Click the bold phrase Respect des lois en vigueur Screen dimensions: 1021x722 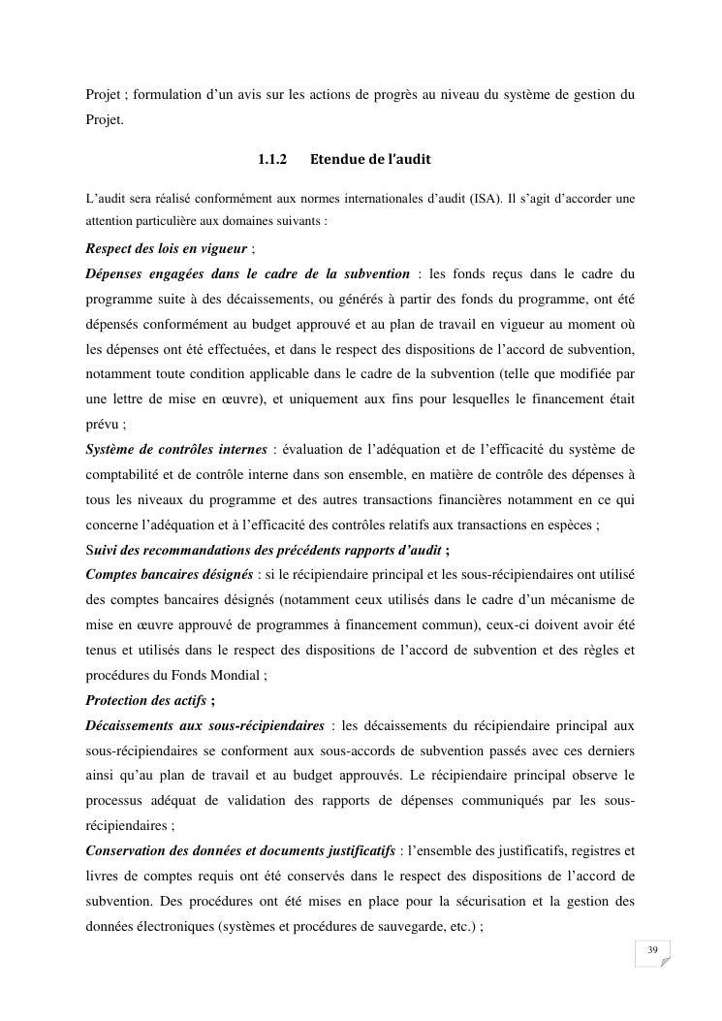click(x=166, y=248)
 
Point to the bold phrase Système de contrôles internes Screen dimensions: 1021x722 click(x=175, y=449)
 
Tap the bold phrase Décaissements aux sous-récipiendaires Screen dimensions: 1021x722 click(x=204, y=725)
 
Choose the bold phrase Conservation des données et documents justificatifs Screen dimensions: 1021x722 click(x=240, y=851)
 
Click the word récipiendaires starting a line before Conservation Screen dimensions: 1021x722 click(x=127, y=826)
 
